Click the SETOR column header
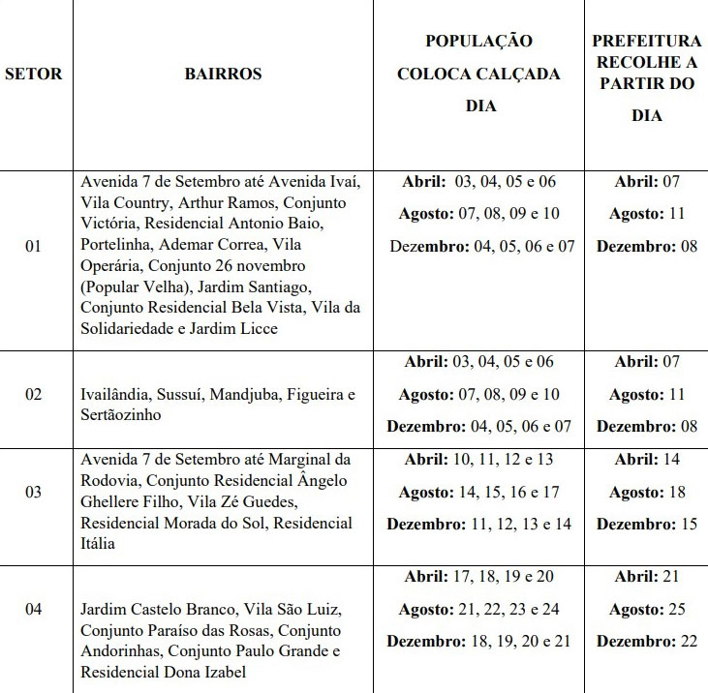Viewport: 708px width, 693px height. (34, 74)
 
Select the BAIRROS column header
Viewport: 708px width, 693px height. (223, 74)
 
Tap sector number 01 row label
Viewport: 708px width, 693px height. (34, 246)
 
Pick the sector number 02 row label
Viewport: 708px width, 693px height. (34, 395)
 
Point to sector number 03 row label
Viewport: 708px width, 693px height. (34, 492)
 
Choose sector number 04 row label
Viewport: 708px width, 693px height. (34, 609)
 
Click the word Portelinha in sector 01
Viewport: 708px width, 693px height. (116, 244)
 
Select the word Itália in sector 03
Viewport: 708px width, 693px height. (99, 543)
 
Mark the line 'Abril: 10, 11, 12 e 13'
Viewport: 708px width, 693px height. (478, 460)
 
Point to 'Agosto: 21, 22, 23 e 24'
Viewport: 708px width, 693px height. (478, 609)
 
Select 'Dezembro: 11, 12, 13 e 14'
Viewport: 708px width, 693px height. (478, 524)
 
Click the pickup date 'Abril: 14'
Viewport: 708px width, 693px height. (647, 460)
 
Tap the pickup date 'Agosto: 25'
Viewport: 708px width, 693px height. (647, 609)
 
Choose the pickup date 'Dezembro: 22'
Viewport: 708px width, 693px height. (647, 641)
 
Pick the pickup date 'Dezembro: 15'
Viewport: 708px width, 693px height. (647, 524)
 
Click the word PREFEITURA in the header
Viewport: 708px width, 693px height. (647, 42)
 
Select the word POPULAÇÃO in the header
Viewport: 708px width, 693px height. (478, 42)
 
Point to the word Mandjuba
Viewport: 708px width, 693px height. (242, 395)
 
